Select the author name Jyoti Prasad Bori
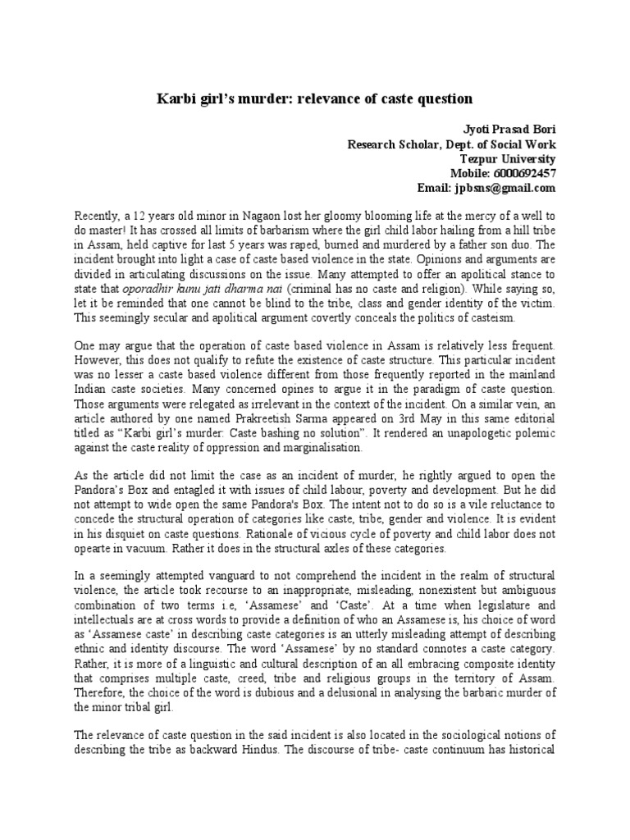(x=506, y=129)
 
